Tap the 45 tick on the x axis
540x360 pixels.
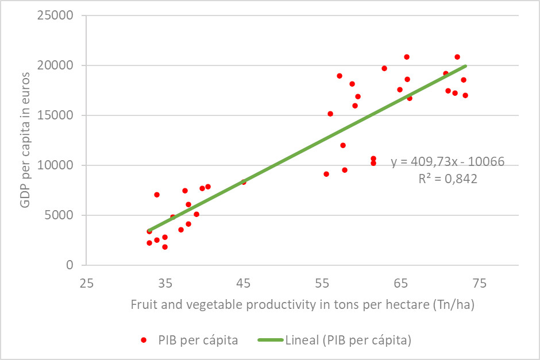[244, 283]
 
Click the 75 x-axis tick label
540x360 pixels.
[479, 283]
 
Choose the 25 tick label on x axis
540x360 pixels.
[87, 283]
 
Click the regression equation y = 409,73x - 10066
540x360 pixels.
[448, 162]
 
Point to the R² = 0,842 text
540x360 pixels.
[448, 179]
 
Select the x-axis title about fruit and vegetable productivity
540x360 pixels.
[302, 304]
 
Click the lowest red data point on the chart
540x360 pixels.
[165, 247]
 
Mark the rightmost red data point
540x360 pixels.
[465, 95]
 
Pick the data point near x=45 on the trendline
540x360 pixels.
[244, 182]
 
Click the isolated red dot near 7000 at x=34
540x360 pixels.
[157, 195]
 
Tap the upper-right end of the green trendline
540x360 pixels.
[465, 66]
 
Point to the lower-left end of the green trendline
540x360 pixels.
[149, 230]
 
